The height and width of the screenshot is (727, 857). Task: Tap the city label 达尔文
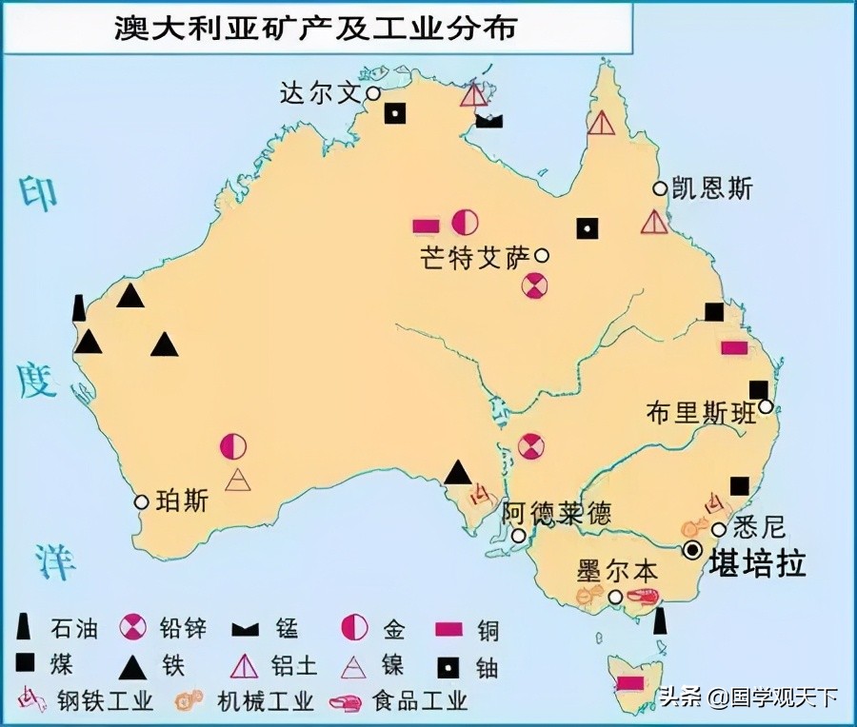321,93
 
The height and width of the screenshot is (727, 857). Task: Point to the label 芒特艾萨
474,258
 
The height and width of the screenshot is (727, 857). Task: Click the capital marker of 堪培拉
693,550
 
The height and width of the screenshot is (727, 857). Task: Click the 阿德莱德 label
557,514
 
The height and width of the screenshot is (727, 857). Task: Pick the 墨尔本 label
617,572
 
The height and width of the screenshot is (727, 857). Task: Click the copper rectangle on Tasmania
629,682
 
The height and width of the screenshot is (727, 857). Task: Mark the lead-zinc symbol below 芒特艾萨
536,284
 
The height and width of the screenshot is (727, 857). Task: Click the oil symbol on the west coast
79,307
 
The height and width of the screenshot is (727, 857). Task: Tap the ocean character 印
39,193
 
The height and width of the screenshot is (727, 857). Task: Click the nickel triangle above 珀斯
237,480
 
